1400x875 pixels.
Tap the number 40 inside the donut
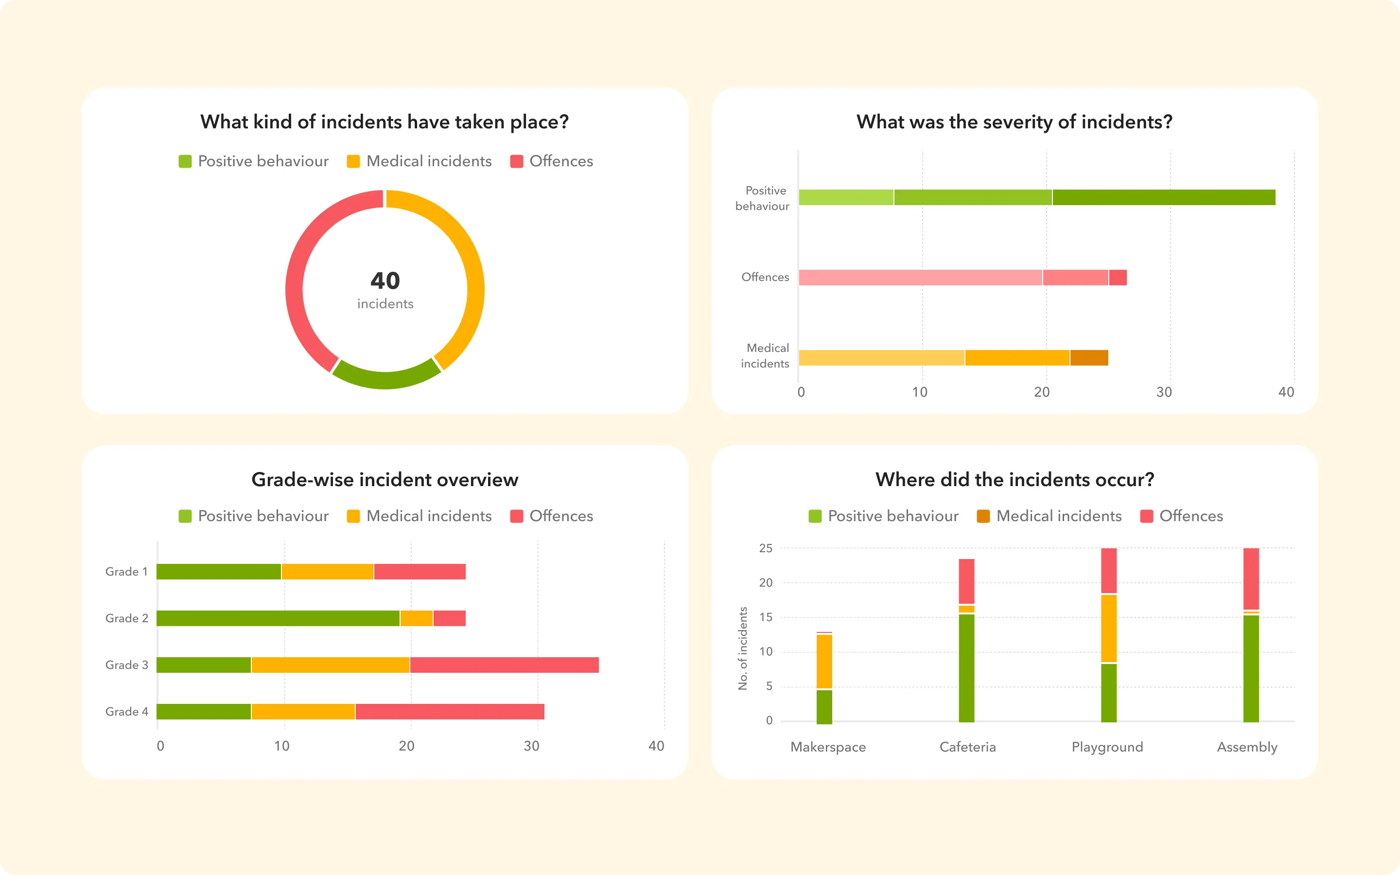click(x=385, y=280)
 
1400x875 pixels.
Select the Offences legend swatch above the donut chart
click(x=517, y=161)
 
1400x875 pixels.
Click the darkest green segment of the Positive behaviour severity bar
click(x=1163, y=197)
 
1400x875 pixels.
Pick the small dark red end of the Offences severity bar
click(x=1118, y=278)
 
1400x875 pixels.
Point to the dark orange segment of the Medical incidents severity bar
click(x=1089, y=358)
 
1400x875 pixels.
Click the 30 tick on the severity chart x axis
click(x=1164, y=392)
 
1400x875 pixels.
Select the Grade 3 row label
click(x=126, y=665)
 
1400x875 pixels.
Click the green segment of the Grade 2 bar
click(x=278, y=618)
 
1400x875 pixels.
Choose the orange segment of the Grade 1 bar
click(x=328, y=572)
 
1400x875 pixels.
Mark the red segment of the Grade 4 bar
click(x=450, y=712)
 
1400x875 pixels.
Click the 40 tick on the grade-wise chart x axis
click(x=656, y=746)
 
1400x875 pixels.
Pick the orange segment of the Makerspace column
click(x=824, y=662)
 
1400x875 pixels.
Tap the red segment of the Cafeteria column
click(x=967, y=581)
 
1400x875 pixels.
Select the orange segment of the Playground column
click(x=1109, y=628)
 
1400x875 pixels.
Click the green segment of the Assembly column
click(x=1251, y=668)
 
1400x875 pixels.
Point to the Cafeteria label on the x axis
click(x=967, y=747)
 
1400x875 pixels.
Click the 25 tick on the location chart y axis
click(x=765, y=548)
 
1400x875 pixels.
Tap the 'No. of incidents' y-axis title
click(x=743, y=648)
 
